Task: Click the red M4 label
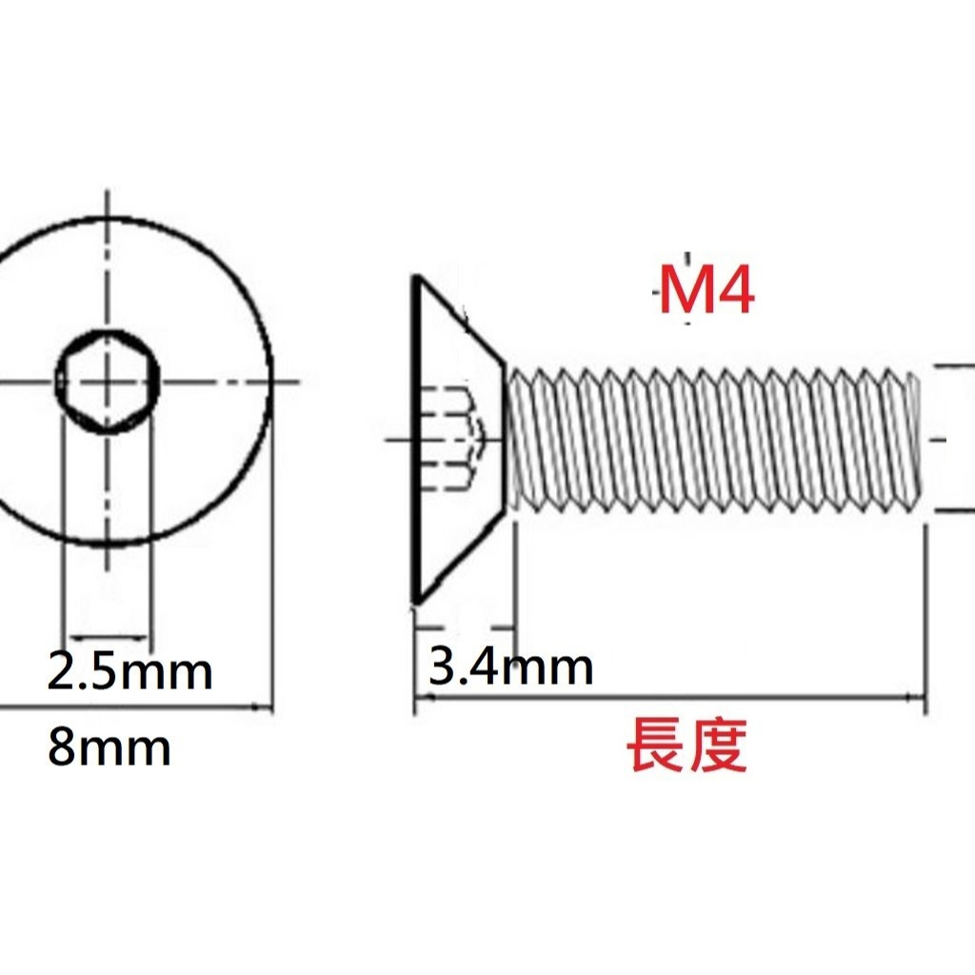[706, 290]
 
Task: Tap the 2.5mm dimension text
[129, 671]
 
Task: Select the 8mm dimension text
[109, 747]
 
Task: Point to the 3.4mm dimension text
[510, 667]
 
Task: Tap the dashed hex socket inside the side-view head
[456, 438]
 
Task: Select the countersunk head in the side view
[458, 440]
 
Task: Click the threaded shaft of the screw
[713, 440]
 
